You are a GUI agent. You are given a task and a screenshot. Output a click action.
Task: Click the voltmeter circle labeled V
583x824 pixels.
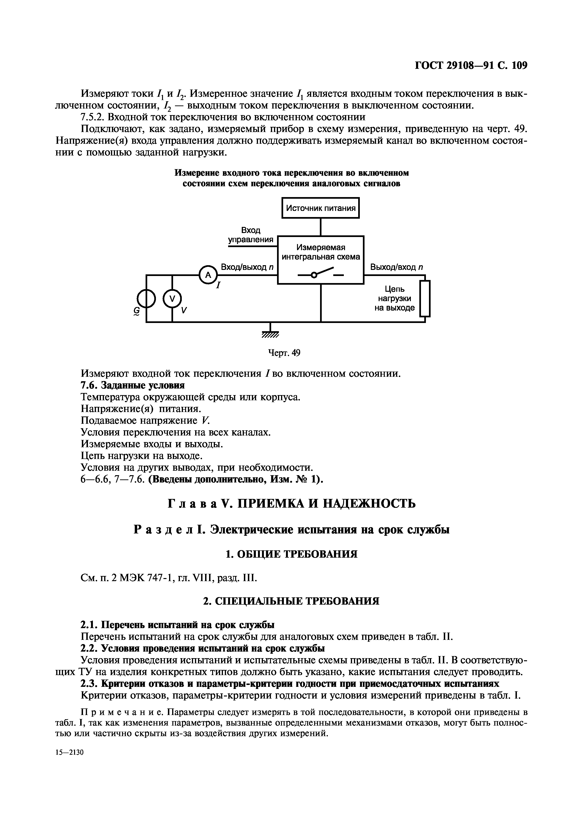(172, 298)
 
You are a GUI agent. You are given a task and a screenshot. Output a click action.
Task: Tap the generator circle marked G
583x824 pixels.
(146, 298)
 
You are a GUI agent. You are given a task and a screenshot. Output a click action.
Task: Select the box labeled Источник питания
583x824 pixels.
(320, 208)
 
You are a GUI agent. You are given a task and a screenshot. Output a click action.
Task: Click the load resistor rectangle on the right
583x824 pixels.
(425, 298)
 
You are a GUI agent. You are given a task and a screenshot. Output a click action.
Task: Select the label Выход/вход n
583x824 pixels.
(397, 267)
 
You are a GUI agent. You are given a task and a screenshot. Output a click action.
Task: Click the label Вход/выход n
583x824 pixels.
(247, 267)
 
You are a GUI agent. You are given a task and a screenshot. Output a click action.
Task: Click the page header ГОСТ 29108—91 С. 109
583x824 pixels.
(471, 65)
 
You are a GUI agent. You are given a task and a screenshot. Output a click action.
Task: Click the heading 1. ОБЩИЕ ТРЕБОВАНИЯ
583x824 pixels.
(291, 554)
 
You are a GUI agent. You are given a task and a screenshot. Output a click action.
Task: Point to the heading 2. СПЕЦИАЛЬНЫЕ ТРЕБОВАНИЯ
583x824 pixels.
(291, 601)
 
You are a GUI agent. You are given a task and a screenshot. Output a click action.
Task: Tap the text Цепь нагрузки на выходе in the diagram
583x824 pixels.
(394, 298)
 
